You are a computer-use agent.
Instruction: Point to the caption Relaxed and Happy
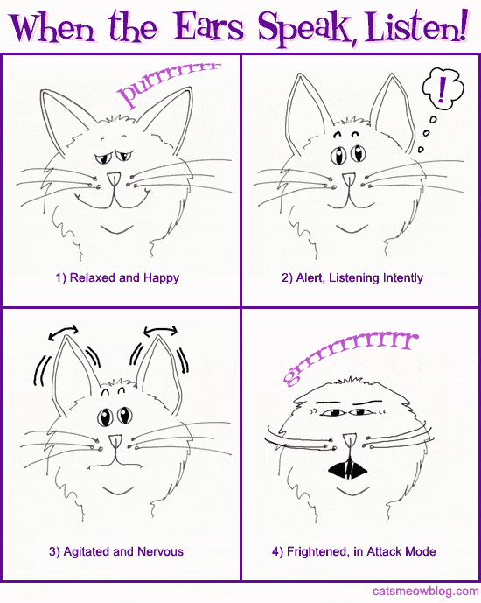pos(117,278)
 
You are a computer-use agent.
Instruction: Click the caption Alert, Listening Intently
pos(352,278)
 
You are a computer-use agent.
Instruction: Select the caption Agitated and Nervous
pos(116,552)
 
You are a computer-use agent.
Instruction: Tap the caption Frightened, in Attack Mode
pos(353,552)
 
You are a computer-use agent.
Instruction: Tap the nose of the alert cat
pos(348,180)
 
